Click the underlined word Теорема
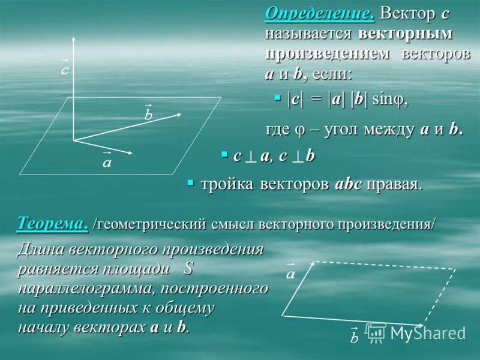click(x=53, y=224)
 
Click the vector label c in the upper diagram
click(x=64, y=69)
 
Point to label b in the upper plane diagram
click(x=148, y=115)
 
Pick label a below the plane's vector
click(x=107, y=162)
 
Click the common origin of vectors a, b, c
click(x=74, y=140)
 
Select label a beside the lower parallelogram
click(x=290, y=274)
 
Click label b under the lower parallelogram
click(x=354, y=337)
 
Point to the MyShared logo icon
click(x=376, y=332)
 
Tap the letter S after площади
click(x=190, y=268)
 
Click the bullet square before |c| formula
click(x=277, y=97)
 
